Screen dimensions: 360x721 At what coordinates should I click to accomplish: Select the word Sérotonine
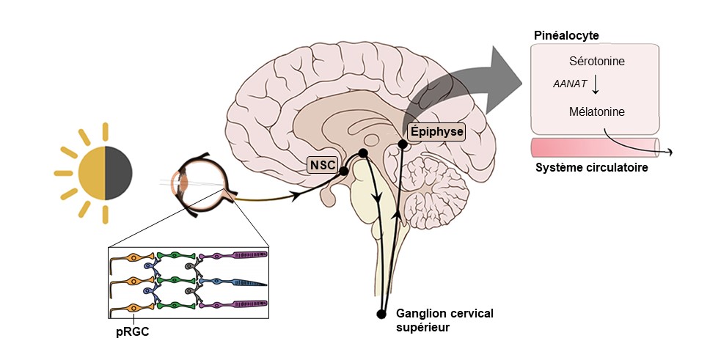coord(596,62)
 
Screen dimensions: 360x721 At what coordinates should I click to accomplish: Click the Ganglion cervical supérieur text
coord(444,320)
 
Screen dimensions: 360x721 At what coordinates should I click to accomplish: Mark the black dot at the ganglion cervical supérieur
coord(381,315)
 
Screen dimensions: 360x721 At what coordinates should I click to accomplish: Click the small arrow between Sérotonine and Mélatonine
coord(596,85)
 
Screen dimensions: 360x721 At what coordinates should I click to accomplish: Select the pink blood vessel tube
coord(594,146)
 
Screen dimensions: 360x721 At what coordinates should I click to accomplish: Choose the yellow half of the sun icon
coord(92,173)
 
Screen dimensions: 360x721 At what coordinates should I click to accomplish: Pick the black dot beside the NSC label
coord(343,171)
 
